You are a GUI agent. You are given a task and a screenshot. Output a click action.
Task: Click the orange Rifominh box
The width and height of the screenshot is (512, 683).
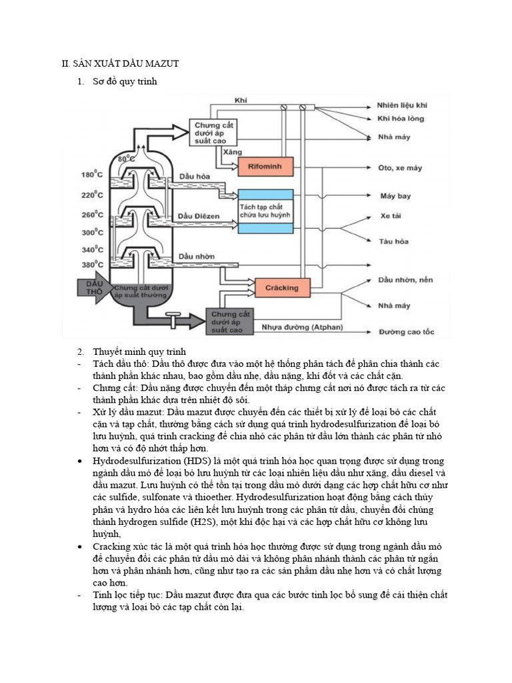pos(265,168)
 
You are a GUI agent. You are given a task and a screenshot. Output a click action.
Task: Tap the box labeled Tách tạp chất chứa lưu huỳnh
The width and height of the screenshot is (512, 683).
pos(265,211)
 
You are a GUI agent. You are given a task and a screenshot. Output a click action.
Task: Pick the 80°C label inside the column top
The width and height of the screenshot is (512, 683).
pos(126,159)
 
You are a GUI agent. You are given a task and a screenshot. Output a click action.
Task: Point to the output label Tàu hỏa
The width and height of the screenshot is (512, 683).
pos(394,241)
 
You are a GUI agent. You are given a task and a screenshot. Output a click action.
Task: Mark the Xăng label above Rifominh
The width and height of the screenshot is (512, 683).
pos(232,152)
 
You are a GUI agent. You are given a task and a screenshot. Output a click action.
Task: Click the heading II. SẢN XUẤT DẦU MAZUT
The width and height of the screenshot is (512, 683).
pos(120,63)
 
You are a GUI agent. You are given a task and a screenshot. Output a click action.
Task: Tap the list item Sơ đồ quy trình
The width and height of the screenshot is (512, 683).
pos(124,81)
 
